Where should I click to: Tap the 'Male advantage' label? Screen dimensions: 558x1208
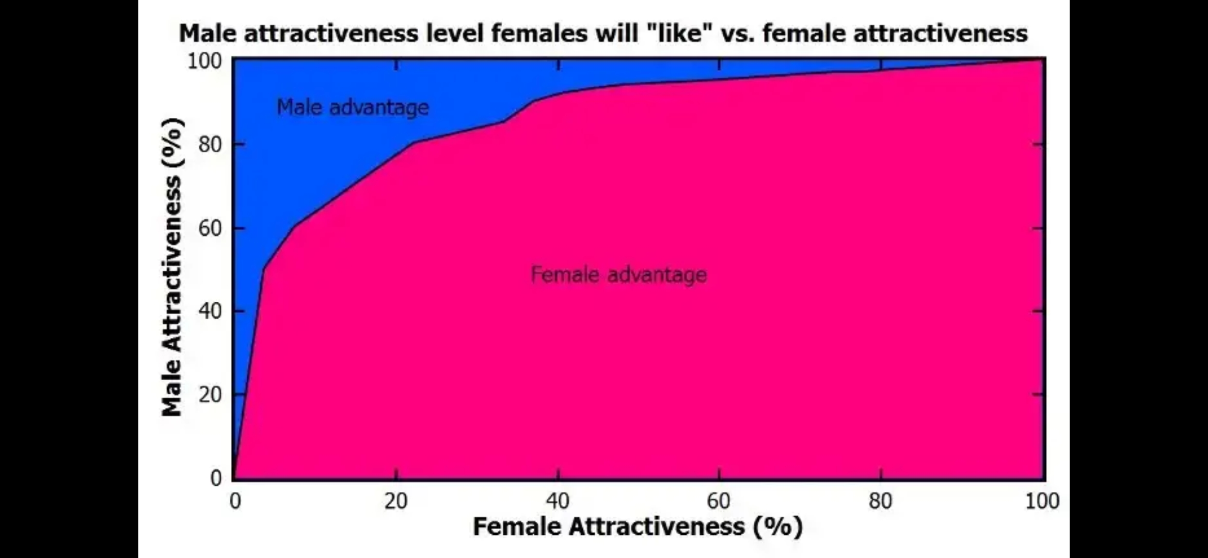353,107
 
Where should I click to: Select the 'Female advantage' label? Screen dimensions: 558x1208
618,274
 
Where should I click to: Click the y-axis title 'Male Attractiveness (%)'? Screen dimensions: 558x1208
172,267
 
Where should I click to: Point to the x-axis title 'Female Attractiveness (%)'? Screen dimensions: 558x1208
638,527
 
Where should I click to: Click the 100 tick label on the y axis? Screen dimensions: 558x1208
204,61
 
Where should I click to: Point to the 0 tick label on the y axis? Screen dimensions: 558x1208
216,478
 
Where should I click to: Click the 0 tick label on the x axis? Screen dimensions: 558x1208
235,501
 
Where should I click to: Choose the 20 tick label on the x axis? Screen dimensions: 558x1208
396,501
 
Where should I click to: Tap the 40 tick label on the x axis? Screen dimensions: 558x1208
558,501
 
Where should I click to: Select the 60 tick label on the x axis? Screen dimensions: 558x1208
719,501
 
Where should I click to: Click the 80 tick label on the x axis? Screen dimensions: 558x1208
880,501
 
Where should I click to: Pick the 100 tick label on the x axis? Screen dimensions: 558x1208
1042,501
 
